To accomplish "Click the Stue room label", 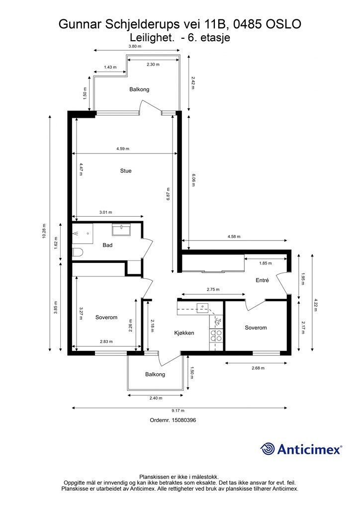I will click(126, 171).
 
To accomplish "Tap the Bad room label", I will click(107, 246).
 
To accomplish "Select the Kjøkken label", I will click(183, 333).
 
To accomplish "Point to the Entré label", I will click(262, 280).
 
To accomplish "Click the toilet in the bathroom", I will click(77, 252).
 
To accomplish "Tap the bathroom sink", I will click(121, 230).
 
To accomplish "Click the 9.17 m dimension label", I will click(179, 411).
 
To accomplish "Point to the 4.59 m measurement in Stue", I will click(123, 149).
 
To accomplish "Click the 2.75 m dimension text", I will click(213, 289).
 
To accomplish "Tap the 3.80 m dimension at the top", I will click(135, 46).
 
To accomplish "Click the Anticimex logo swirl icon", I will click(268, 448).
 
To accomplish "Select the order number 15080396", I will click(183, 420).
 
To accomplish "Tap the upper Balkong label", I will click(139, 89).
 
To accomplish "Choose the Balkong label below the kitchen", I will click(155, 374).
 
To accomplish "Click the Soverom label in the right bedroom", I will click(256, 328).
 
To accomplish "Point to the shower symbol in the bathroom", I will click(77, 232).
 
